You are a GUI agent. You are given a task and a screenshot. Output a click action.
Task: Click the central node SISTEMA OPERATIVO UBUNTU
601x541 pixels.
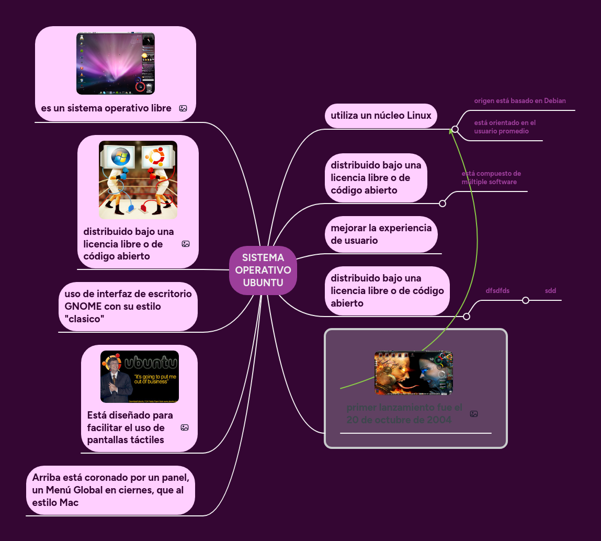[263, 270]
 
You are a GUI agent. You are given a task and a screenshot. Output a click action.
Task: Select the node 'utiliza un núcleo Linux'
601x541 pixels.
[381, 116]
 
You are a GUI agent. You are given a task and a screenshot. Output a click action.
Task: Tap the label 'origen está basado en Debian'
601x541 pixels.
[519, 100]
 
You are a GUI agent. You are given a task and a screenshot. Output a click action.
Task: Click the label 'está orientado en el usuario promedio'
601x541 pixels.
[505, 127]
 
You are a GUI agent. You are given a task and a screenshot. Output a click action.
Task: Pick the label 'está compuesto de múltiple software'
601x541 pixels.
[491, 177]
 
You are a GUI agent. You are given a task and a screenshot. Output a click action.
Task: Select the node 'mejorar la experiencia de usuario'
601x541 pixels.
[381, 234]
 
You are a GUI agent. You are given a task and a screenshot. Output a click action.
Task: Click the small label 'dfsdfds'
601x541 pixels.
[497, 290]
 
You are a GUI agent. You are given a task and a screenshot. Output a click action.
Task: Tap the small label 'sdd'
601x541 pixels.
[550, 290]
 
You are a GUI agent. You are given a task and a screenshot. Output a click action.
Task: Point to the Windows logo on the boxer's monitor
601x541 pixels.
[120, 156]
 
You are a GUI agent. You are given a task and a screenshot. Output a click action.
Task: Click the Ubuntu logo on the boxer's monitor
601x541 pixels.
[155, 156]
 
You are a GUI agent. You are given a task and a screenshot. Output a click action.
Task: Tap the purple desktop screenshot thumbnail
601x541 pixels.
[115, 63]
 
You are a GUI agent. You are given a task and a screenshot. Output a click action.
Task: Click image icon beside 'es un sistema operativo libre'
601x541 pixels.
[183, 108]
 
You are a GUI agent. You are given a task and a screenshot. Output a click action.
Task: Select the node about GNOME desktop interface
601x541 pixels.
[128, 306]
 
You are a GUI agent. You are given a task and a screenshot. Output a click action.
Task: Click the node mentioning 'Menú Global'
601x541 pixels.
[110, 490]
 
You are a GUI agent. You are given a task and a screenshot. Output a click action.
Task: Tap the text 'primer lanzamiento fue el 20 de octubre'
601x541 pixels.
[404, 413]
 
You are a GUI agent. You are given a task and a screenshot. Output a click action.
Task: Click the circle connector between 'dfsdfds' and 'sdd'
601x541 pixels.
[526, 300]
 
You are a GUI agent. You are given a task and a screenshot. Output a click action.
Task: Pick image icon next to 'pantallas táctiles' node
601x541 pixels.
[185, 427]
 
